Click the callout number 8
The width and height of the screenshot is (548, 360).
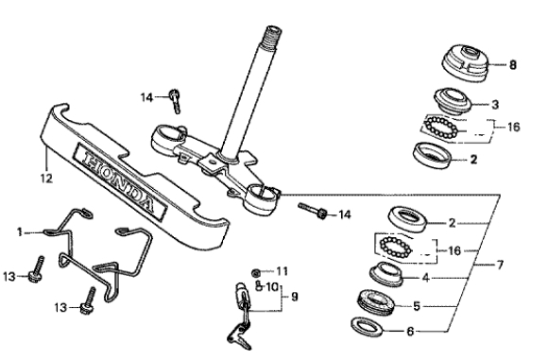point(512,65)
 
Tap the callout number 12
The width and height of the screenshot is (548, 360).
point(46,179)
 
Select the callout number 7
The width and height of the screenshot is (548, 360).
point(500,265)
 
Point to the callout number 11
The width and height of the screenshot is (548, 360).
point(283,271)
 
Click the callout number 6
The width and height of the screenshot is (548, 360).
point(410,331)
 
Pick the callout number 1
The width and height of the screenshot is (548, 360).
point(20,231)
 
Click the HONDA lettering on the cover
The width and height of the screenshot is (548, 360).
point(119,180)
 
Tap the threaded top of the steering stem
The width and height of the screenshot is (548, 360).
point(273,35)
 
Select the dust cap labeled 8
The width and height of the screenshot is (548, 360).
point(465,62)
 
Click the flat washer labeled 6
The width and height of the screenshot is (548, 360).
point(367,327)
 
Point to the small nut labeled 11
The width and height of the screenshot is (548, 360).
point(256,273)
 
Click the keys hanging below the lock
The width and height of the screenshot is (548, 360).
point(239,336)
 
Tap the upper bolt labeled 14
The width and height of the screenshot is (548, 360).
point(175,101)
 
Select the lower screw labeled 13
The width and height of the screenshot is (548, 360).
point(88,301)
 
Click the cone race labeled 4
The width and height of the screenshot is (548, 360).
point(386,274)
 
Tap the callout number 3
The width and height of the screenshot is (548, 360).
point(495,105)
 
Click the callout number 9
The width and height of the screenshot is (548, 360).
point(295,297)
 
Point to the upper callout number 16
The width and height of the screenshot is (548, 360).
point(513,127)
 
